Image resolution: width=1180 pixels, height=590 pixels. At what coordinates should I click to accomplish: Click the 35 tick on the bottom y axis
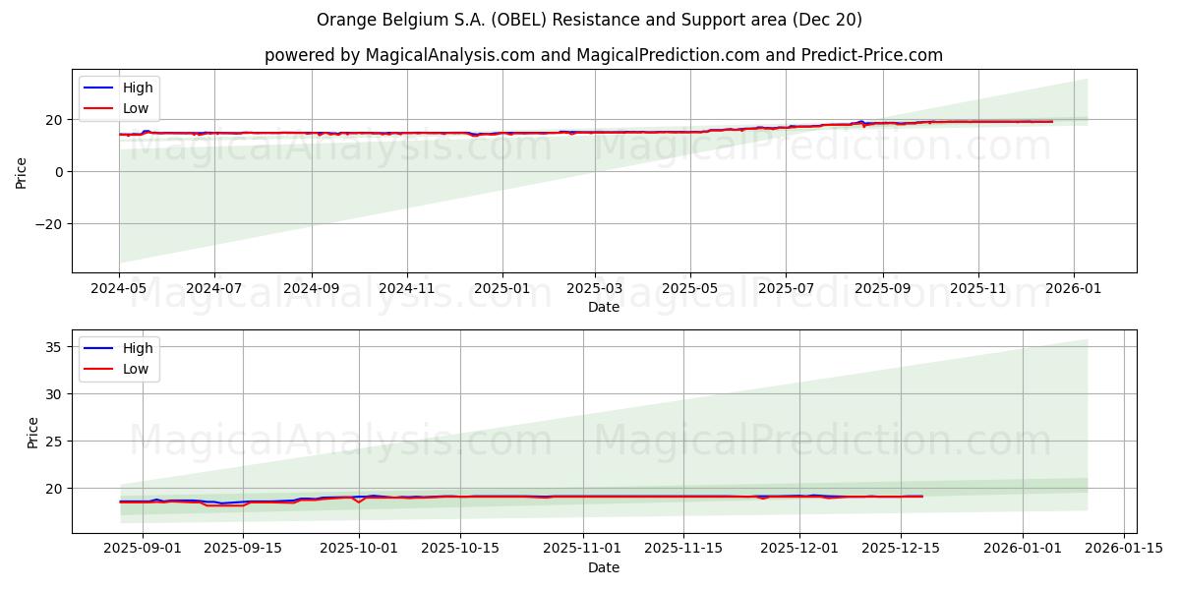click(54, 347)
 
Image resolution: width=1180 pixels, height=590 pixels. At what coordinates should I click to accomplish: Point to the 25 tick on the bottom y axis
click(54, 441)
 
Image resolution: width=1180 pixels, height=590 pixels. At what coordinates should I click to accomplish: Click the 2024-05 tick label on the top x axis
click(119, 290)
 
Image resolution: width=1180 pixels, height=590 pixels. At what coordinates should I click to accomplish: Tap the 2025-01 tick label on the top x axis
click(502, 290)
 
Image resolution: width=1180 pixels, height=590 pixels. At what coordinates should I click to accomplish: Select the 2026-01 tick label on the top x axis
click(1073, 290)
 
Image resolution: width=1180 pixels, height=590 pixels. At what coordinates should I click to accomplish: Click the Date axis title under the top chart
click(604, 307)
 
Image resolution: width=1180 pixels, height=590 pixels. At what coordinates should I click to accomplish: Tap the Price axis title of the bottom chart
click(33, 432)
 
